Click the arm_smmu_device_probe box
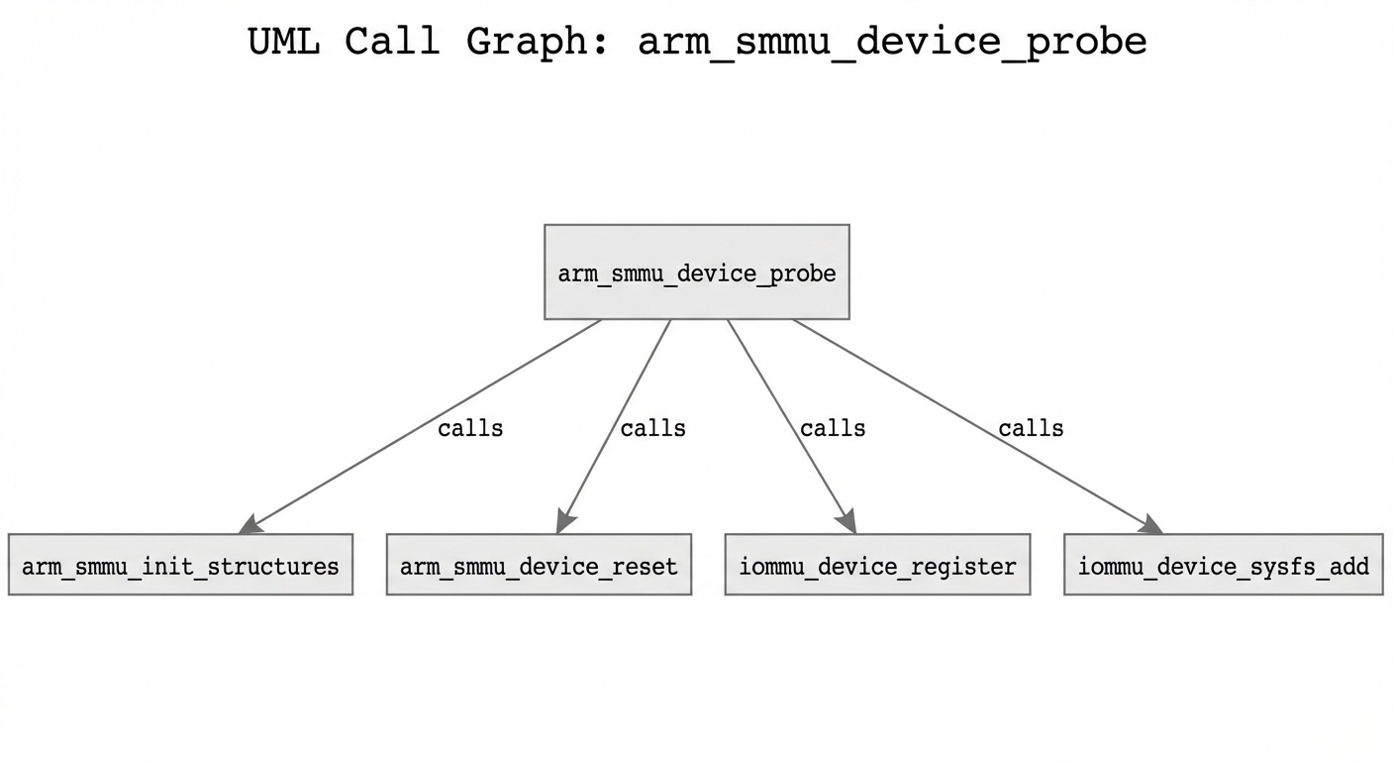pyautogui.click(x=696, y=272)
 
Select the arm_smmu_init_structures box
pyautogui.click(x=180, y=565)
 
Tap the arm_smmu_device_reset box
pyautogui.click(x=539, y=565)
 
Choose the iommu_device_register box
pyautogui.click(x=877, y=565)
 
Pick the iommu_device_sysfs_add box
pyautogui.click(x=1223, y=565)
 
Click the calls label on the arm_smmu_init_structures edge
pyautogui.click(x=470, y=428)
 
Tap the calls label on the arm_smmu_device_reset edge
pyautogui.click(x=652, y=428)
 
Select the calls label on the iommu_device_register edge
pyautogui.click(x=833, y=428)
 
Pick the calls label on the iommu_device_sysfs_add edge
pyautogui.click(x=1031, y=428)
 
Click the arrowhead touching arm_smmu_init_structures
pyautogui.click(x=249, y=524)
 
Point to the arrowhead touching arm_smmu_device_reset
pyautogui.click(x=565, y=521)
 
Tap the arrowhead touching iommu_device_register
pyautogui.click(x=846, y=521)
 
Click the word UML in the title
pyautogui.click(x=283, y=42)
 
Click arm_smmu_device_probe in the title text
pyautogui.click(x=892, y=42)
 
